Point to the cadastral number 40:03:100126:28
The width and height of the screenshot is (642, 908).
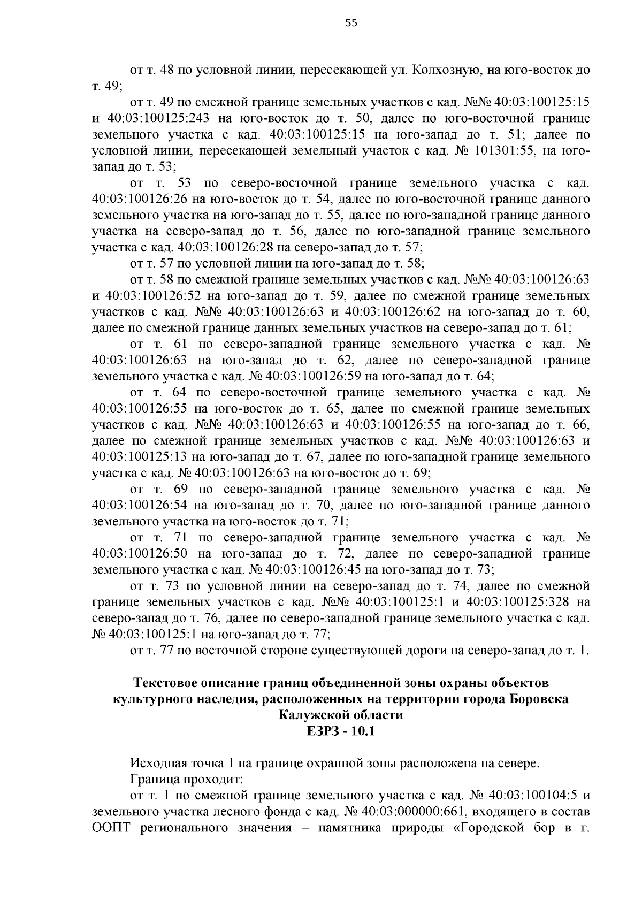click(x=225, y=248)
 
